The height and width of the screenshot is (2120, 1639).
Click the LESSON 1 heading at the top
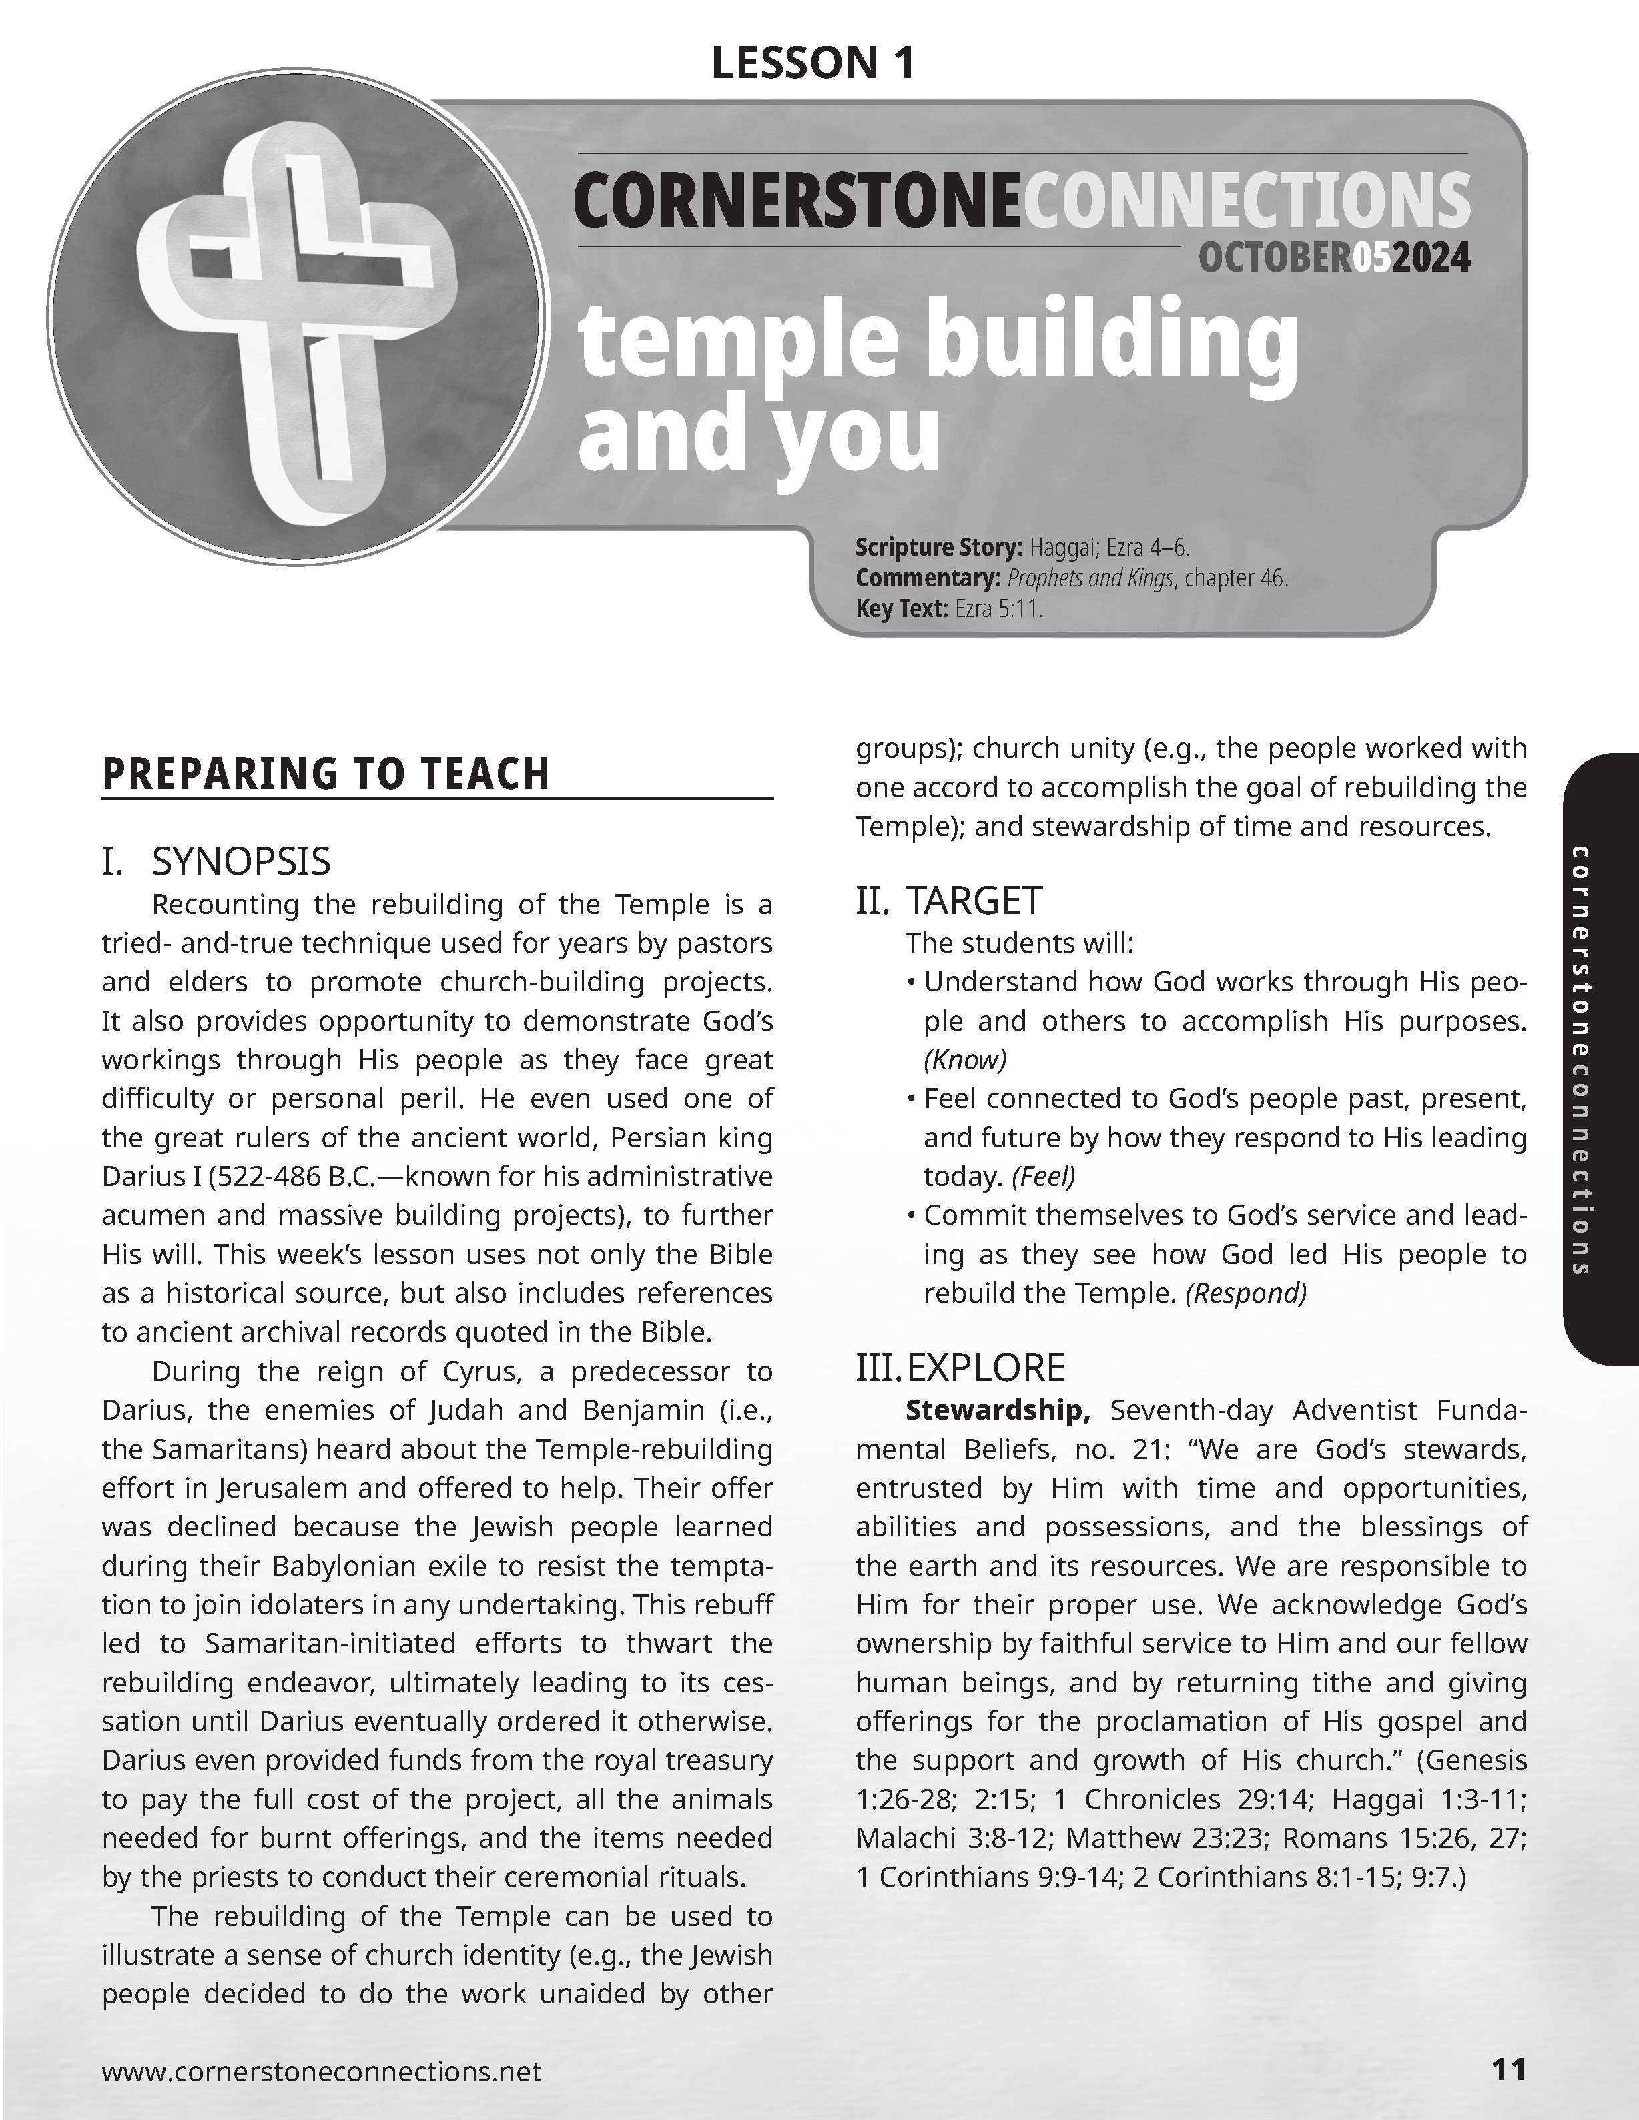tap(813, 64)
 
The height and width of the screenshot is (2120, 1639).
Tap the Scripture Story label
tap(938, 548)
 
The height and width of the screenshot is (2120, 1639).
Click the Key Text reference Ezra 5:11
tap(998, 610)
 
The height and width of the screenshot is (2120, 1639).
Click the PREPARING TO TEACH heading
tap(326, 774)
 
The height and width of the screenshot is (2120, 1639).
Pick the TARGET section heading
tap(974, 901)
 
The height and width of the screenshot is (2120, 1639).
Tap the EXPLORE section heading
tap(986, 1367)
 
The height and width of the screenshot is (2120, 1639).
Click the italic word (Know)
tap(965, 1059)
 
